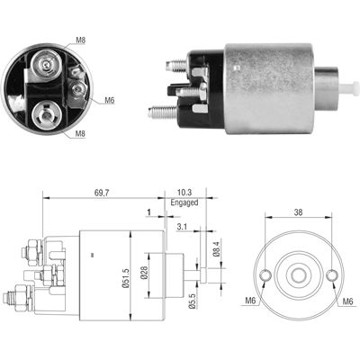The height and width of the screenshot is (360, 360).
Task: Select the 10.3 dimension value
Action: (x=184, y=193)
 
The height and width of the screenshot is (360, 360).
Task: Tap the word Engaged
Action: (x=184, y=203)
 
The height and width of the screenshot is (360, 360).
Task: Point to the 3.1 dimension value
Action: (x=183, y=227)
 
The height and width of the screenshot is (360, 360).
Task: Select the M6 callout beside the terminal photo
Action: (x=110, y=99)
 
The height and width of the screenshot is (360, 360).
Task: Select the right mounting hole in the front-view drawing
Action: (x=332, y=275)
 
